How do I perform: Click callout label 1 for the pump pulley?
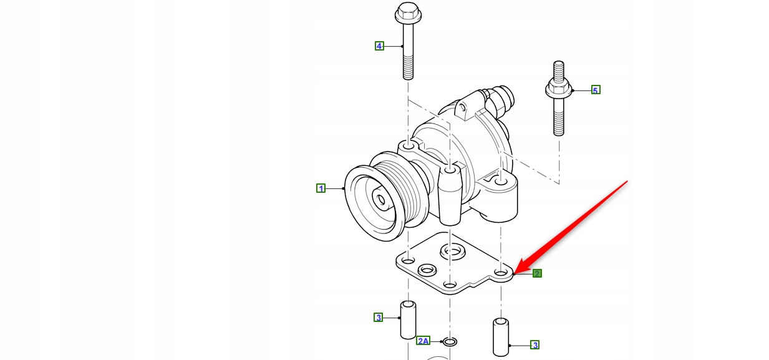(x=321, y=188)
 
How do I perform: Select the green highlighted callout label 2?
(x=537, y=273)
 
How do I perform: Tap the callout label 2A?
(x=423, y=341)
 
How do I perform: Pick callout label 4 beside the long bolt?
(x=379, y=46)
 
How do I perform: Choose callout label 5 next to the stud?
(x=595, y=90)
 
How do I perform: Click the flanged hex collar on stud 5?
(x=559, y=90)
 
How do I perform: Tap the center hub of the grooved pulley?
(x=379, y=199)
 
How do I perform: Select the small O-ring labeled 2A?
(x=449, y=341)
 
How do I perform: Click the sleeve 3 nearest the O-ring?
(x=408, y=319)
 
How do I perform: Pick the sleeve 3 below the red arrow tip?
(x=501, y=337)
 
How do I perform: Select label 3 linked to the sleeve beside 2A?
(x=378, y=318)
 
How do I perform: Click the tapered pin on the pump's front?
(x=450, y=197)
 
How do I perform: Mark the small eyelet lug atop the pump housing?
(x=462, y=109)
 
